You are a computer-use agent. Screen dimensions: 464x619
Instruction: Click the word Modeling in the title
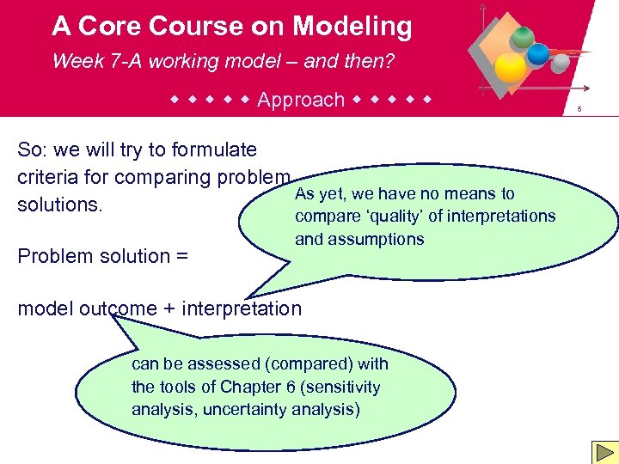point(352,27)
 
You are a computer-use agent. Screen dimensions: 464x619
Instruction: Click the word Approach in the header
point(301,100)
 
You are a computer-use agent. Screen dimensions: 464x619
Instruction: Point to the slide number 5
point(580,109)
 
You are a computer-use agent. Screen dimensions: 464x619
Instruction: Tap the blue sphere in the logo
point(538,54)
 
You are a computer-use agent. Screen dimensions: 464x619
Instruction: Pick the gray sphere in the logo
point(560,64)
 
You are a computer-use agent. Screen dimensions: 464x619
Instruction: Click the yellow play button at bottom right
point(602,452)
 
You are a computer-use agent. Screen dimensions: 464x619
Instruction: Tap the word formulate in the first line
point(214,150)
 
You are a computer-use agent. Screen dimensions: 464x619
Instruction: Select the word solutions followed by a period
point(54,205)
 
